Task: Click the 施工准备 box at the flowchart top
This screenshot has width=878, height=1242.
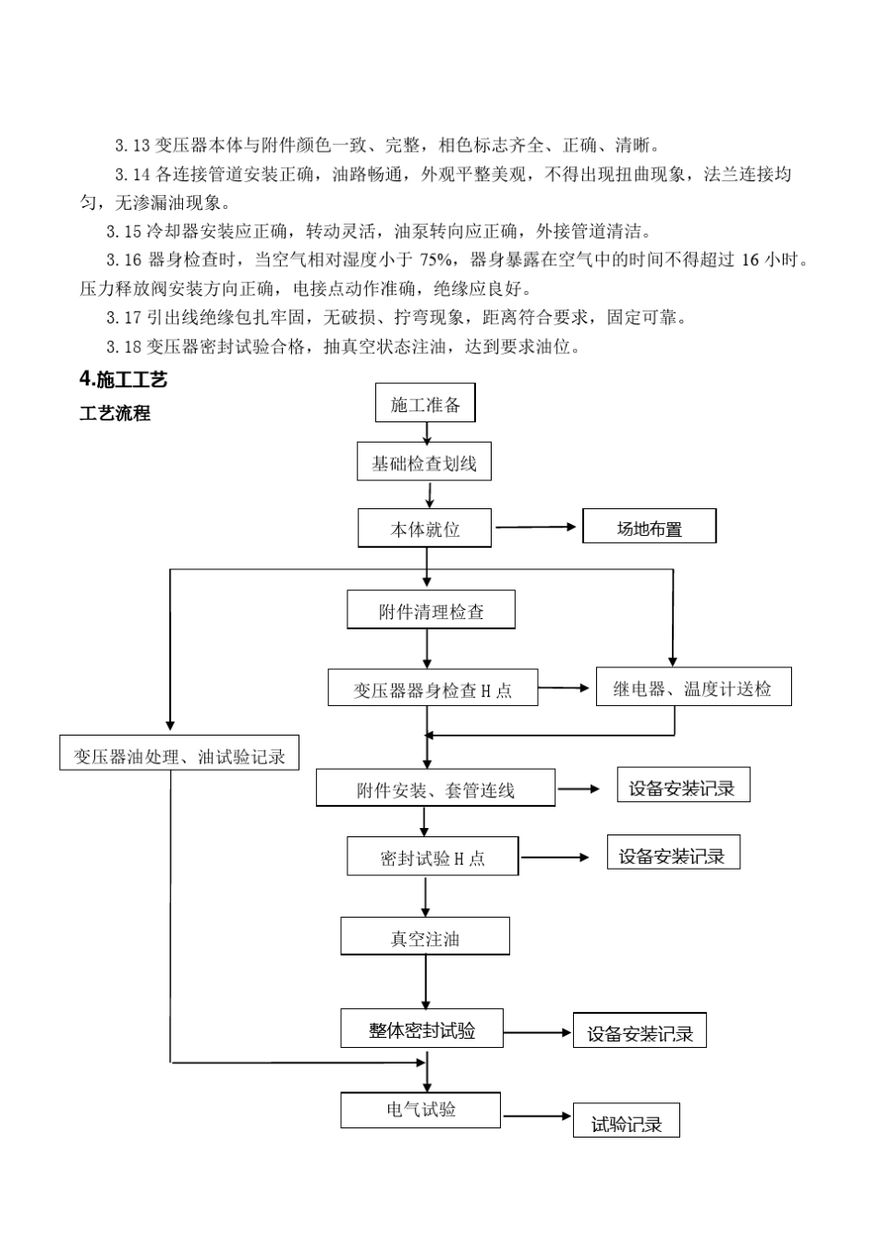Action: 425,404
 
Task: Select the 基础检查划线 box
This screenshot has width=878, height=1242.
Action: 424,462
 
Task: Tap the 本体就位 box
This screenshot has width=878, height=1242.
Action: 424,529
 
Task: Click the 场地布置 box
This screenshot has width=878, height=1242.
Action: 649,527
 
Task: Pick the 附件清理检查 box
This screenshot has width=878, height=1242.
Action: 431,611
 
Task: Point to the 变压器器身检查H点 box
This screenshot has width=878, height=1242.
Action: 433,688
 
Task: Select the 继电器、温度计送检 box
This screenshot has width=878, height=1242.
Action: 693,687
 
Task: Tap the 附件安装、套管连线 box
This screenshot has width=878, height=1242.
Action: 435,788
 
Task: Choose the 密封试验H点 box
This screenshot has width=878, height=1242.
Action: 433,857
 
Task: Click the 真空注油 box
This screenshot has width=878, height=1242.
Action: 425,937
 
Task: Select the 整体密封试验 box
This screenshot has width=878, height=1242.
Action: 422,1029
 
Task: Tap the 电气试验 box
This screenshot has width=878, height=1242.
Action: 421,1110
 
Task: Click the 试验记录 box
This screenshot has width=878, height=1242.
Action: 627,1122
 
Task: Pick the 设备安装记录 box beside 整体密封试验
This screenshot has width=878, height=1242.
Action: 640,1032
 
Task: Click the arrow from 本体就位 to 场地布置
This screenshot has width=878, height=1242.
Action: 536,528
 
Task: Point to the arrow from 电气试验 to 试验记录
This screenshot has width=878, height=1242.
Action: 537,1116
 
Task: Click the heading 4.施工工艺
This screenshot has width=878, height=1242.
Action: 123,380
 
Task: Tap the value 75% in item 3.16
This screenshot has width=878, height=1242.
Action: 436,260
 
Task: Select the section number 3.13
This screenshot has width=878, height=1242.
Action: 132,145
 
